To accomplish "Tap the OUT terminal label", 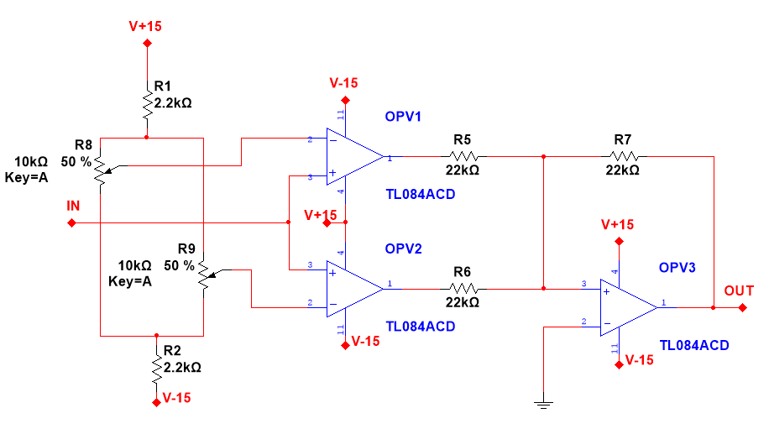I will point(739,291).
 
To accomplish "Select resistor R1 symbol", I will point(147,104).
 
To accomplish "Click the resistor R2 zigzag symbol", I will point(156,367).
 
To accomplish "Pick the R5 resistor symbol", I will point(463,156).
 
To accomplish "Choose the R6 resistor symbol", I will point(463,289).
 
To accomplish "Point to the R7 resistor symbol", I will point(624,156).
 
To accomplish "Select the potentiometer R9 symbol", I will point(204,275).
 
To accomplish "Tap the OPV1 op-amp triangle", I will point(353,157).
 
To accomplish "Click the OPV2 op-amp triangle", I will point(353,287).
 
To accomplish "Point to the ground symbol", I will point(545,404).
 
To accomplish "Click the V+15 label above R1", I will point(145,26).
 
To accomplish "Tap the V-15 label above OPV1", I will point(344,83).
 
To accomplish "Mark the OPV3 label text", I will point(678,267).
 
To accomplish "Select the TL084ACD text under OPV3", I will point(694,345).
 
